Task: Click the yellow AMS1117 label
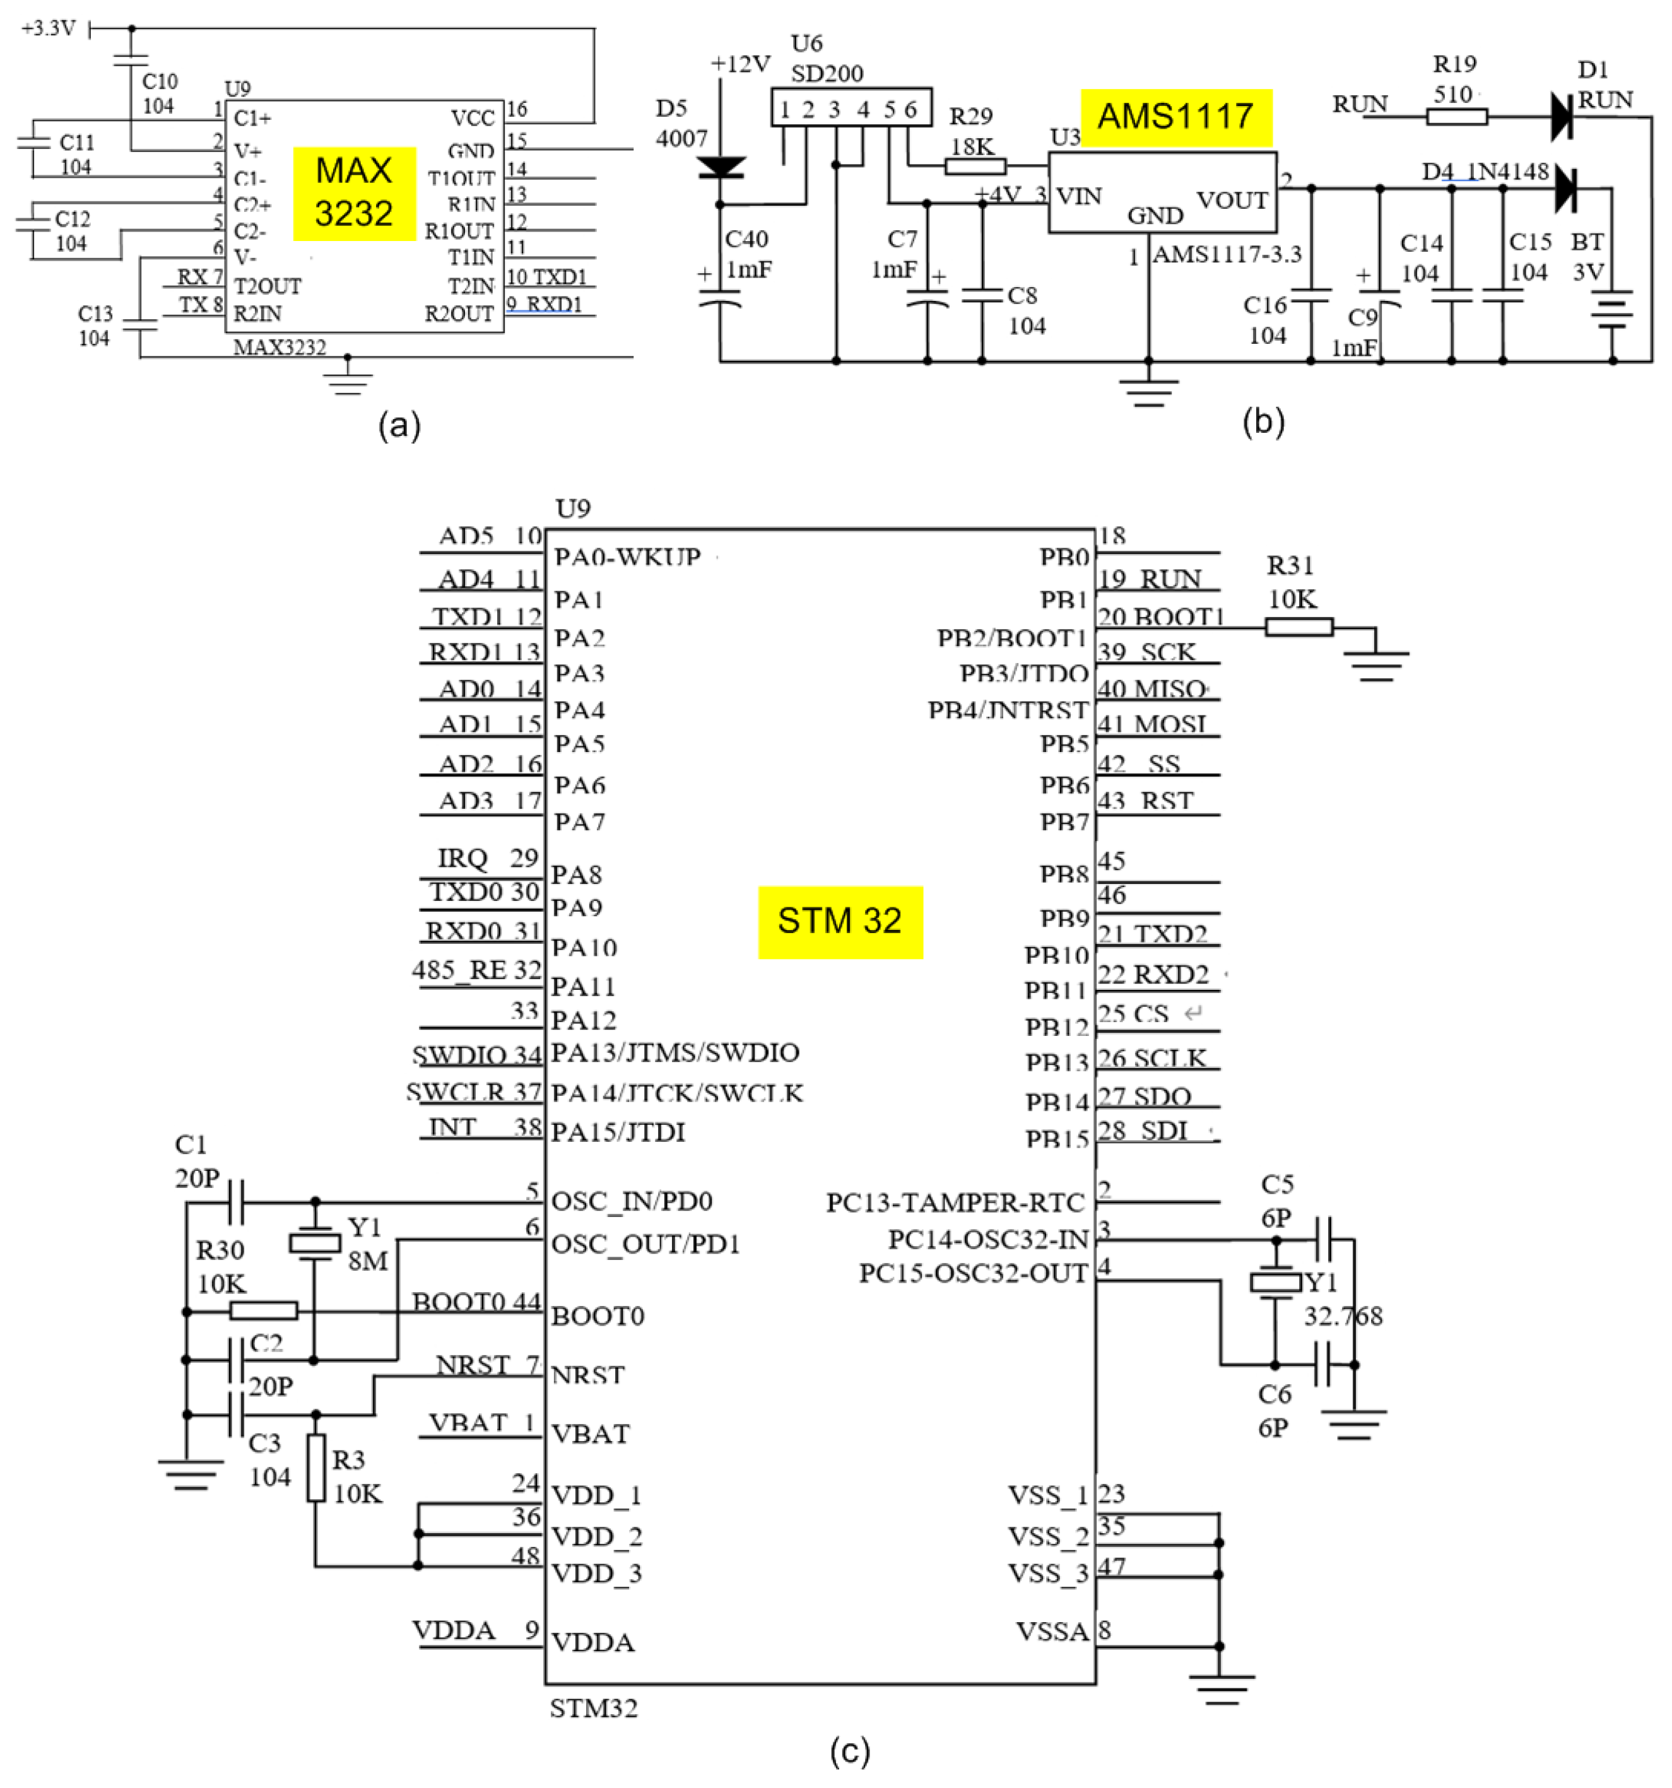1175,117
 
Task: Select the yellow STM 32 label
839,922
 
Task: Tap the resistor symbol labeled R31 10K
1298,627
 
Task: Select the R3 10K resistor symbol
315,1468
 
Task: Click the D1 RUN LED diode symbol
1562,116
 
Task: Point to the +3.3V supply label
49,29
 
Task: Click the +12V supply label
739,64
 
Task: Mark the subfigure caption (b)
1262,421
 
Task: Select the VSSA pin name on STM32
1051,1632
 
